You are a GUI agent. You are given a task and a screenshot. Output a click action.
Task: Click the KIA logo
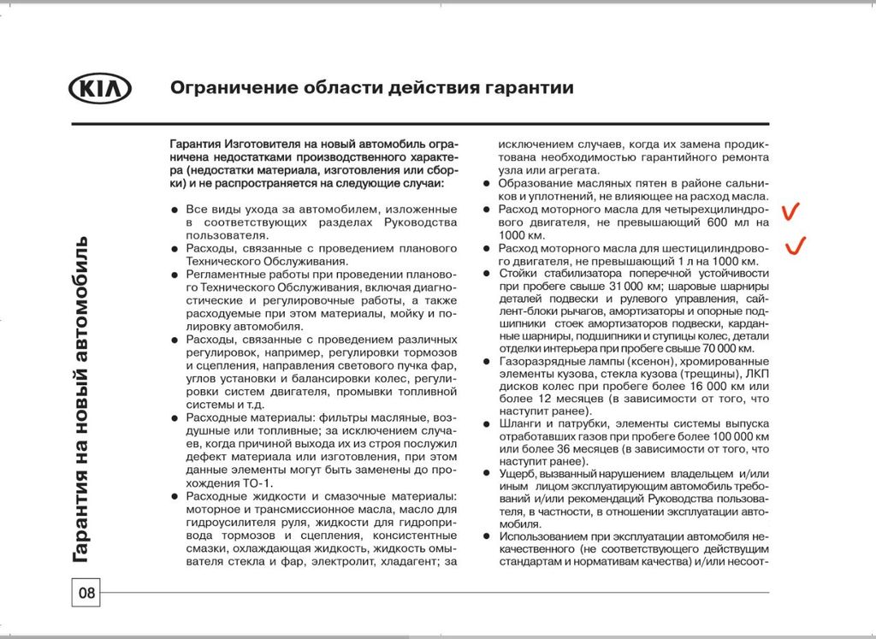click(99, 89)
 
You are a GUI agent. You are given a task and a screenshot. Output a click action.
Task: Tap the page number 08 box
click(86, 592)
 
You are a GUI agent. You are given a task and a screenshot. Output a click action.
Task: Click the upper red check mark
click(792, 210)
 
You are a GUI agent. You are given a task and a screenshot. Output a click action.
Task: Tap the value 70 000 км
click(724, 349)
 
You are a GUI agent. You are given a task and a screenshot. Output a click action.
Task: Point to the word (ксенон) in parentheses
click(608, 362)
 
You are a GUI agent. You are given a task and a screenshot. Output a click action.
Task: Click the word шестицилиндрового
click(716, 248)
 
